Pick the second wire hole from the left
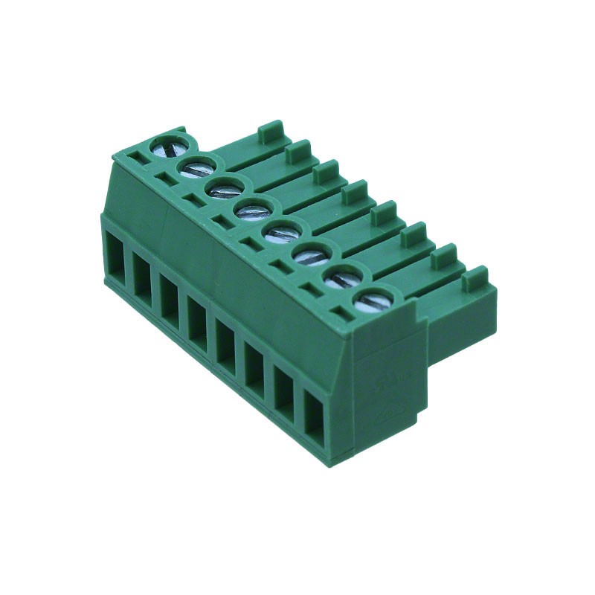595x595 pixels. tap(143, 276)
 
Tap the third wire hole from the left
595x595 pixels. tap(170, 296)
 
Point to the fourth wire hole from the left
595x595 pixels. tap(197, 318)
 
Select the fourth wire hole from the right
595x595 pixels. tap(226, 341)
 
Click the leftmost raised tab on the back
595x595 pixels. tap(271, 130)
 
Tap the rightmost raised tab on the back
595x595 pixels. tap(475, 278)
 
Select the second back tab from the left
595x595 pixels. tap(297, 150)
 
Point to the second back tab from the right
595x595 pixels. tap(443, 257)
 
